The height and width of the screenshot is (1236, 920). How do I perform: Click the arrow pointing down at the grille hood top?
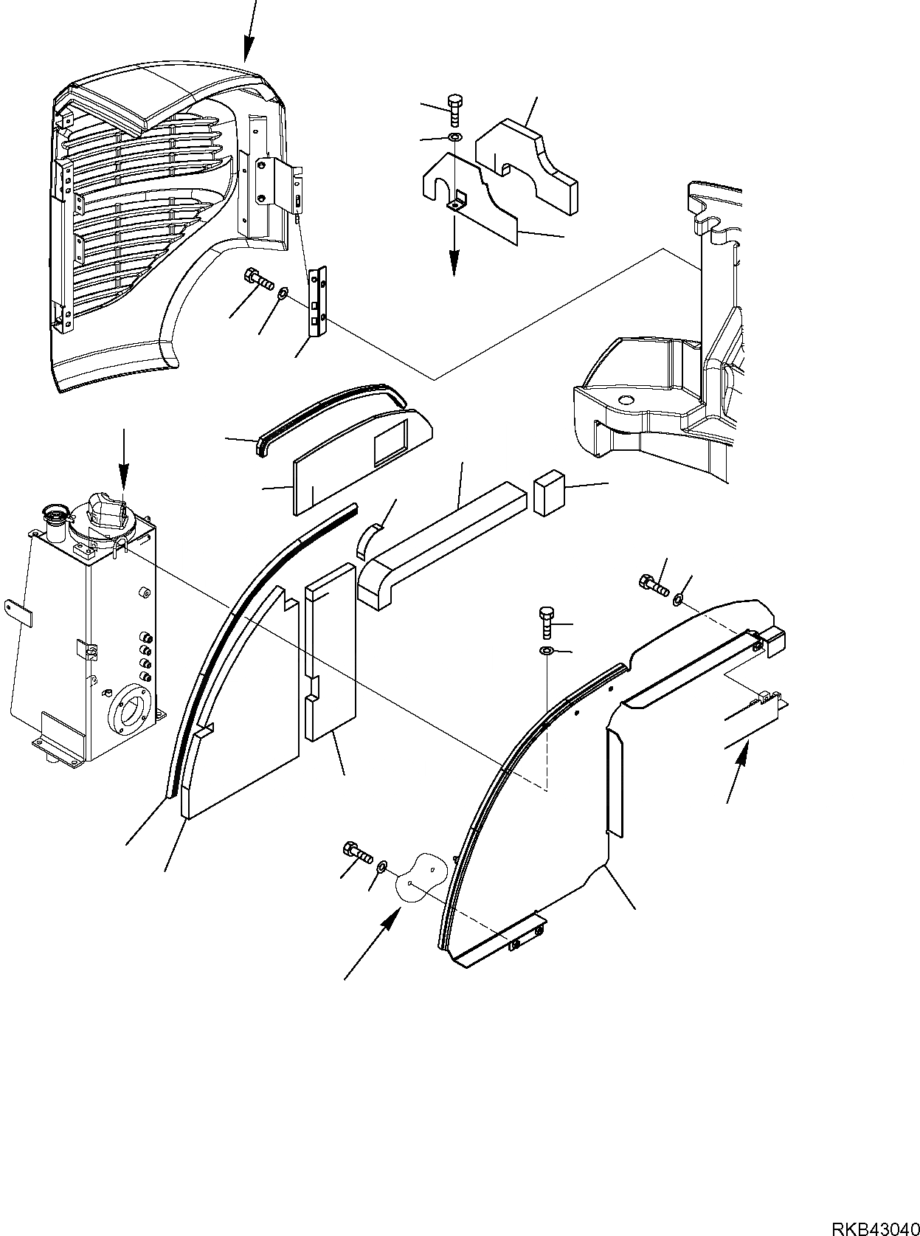(250, 30)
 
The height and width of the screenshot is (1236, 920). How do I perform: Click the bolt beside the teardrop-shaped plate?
(356, 853)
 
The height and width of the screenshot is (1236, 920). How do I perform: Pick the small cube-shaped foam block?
(547, 493)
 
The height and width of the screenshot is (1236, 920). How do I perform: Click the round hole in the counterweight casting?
(625, 400)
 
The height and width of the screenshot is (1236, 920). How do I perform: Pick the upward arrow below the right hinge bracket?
(739, 772)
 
